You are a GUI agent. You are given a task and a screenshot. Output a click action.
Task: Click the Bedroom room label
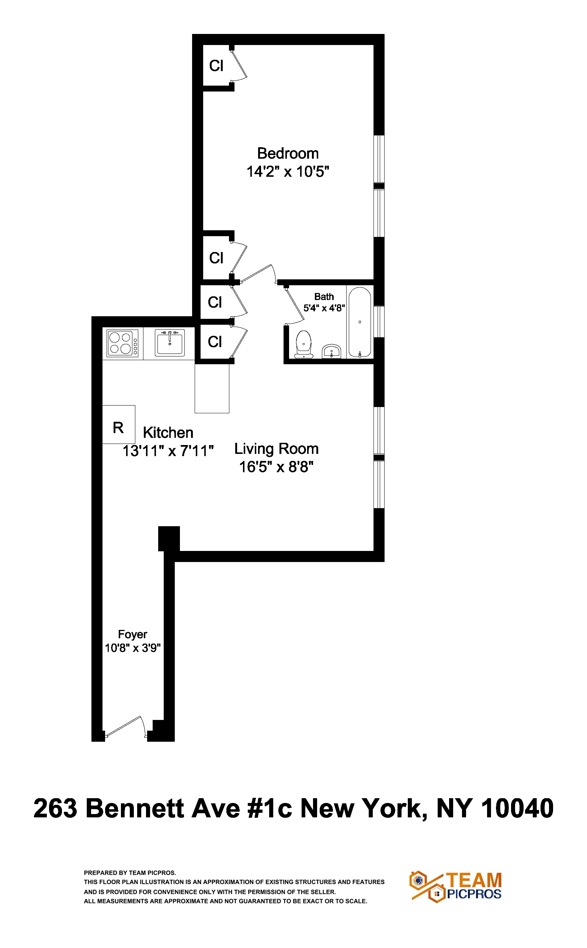tap(288, 154)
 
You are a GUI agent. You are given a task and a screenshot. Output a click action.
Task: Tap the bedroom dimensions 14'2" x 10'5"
tap(288, 171)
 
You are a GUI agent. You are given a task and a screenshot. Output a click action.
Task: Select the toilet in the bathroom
tap(303, 344)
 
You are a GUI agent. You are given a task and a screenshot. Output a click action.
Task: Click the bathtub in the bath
tap(360, 322)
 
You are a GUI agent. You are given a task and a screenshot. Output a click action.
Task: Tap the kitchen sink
tap(170, 342)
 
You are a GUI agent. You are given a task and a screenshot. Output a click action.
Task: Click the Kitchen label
tap(168, 432)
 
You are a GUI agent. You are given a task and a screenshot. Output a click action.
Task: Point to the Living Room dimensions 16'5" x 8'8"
tap(276, 466)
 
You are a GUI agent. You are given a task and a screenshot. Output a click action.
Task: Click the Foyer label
tap(132, 634)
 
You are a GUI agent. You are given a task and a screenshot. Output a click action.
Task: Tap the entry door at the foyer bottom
tap(125, 727)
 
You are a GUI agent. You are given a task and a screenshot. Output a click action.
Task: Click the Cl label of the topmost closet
tap(216, 66)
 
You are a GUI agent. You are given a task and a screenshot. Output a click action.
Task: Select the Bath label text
tap(324, 296)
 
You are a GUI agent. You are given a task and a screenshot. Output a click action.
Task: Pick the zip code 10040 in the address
tap(517, 808)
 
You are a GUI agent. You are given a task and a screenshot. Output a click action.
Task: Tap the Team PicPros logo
tap(456, 887)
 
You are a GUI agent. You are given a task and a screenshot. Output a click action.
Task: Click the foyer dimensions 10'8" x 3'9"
tap(132, 648)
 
